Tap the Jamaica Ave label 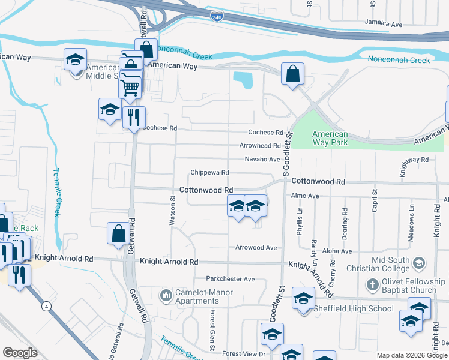point(384,23)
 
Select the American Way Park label point(330,138)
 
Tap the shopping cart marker point(130,88)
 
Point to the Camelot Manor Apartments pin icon point(166,295)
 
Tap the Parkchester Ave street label point(231,279)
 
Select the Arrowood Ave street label point(256,247)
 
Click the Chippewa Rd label point(209,173)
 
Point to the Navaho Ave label point(262,159)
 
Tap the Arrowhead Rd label point(260,146)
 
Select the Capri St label point(374,200)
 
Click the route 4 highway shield point(46,307)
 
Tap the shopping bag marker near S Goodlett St point(292,75)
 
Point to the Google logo point(20,353)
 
